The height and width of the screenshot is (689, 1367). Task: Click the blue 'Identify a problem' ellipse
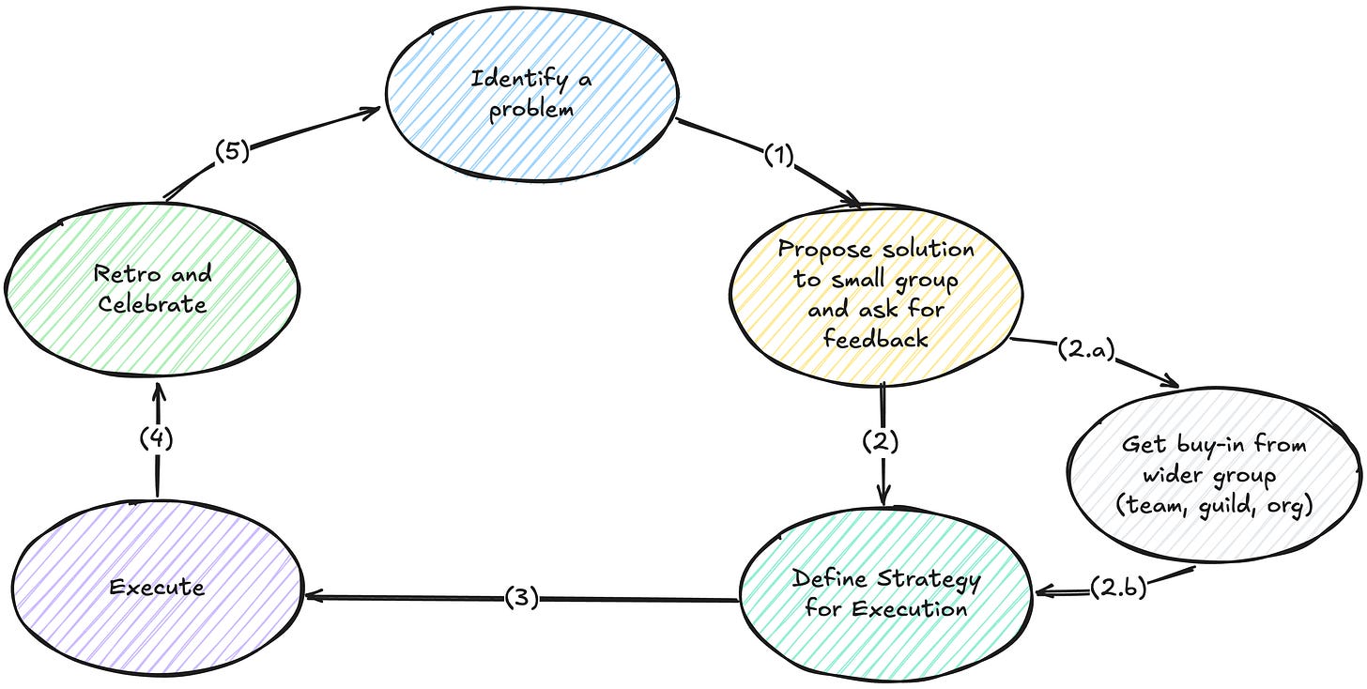tap(532, 93)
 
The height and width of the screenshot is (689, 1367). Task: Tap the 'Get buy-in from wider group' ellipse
tap(1213, 473)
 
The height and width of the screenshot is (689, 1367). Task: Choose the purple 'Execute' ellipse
tap(156, 588)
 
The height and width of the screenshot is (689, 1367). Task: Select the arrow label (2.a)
tap(1087, 351)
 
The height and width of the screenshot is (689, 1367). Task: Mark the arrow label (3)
tap(522, 598)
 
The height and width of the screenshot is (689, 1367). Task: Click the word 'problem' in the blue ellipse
tap(532, 108)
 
